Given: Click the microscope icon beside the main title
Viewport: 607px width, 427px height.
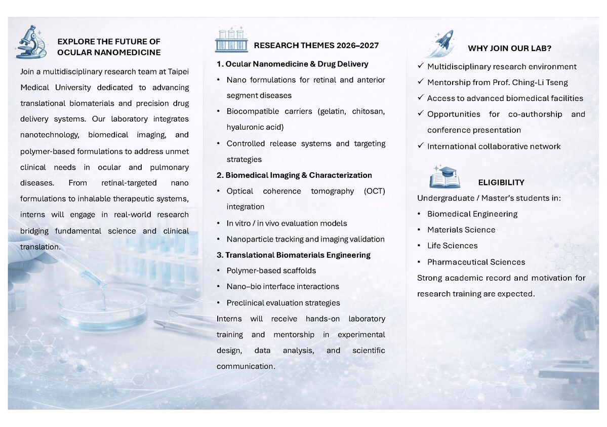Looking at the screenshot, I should coord(31,42).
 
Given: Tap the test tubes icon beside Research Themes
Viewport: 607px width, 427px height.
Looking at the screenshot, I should coord(231,41).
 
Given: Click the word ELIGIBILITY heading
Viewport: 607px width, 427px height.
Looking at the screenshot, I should coord(501,182).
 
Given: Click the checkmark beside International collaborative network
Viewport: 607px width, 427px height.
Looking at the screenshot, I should coord(420,146).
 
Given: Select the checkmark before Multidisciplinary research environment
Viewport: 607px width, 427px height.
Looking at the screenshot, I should coord(420,66).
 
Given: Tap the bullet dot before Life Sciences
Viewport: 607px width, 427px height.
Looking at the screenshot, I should coord(420,246).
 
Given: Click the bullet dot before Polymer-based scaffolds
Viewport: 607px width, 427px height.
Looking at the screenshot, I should coord(218,270).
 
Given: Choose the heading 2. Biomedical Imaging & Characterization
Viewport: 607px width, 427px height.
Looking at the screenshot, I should coord(294,175).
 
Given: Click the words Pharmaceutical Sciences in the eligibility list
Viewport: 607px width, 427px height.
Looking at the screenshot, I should coord(476,262).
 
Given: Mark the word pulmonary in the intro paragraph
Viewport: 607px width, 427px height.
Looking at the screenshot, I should coord(169,167).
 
